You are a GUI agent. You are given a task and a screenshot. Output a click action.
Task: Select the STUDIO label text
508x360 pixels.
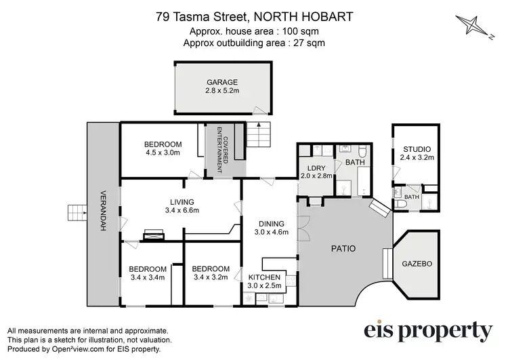pyautogui.click(x=417, y=149)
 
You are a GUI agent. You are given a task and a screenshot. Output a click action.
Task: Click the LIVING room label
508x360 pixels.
pyautogui.click(x=182, y=201)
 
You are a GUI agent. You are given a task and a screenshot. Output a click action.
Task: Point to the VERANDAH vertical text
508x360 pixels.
pyautogui.click(x=104, y=210)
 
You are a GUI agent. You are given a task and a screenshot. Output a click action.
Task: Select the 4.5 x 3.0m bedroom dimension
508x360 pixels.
pyautogui.click(x=163, y=153)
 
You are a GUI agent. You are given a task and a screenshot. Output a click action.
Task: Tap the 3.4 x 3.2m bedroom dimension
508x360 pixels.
pyautogui.click(x=211, y=277)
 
